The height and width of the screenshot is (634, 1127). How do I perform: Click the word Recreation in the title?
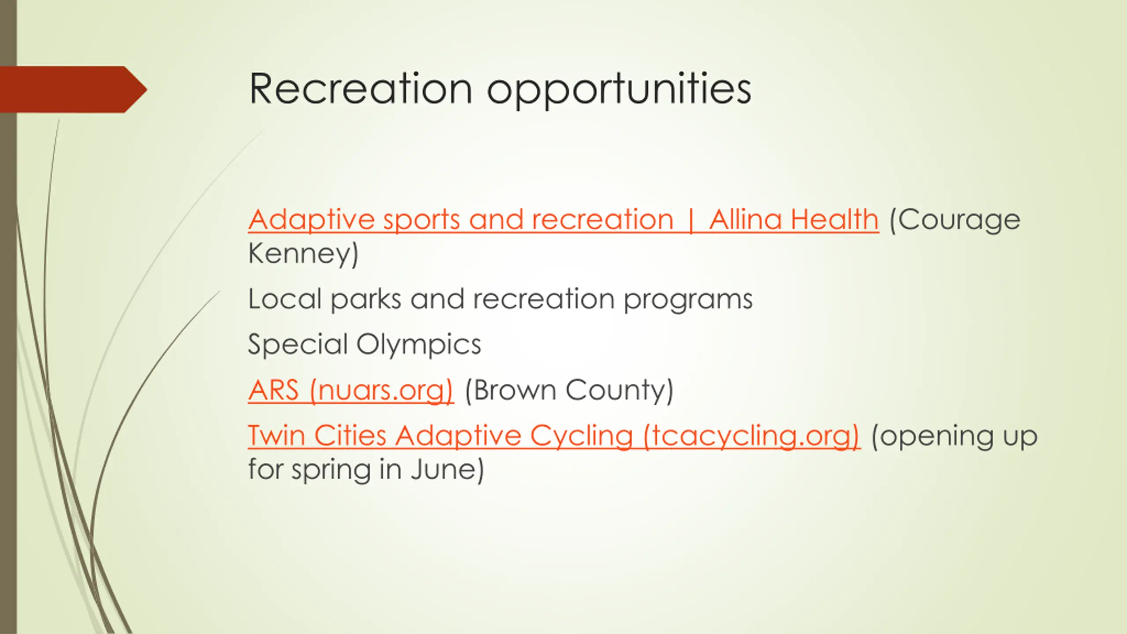coord(361,89)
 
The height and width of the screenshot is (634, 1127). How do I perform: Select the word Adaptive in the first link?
coord(311,220)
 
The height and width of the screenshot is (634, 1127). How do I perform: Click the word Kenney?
coord(303,254)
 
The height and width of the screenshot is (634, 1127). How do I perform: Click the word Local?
coord(285,299)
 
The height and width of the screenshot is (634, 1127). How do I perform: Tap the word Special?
coord(298,345)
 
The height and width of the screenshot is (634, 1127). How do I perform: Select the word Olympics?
coord(419,345)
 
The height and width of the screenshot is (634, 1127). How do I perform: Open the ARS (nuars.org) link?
coord(350,391)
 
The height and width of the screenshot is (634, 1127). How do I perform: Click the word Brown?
coord(510,390)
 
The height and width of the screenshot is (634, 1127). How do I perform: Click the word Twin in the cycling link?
coord(276,435)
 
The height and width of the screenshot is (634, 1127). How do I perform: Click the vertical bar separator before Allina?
coord(691,220)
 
